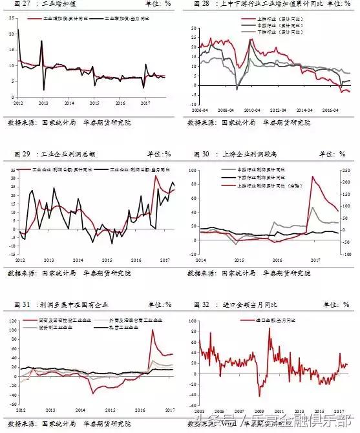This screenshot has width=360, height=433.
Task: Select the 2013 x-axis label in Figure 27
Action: [43, 103]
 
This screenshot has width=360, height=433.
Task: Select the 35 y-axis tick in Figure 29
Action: [12, 169]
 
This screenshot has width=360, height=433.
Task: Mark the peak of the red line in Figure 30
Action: [312, 176]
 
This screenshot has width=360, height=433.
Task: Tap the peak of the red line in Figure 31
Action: [153, 330]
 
